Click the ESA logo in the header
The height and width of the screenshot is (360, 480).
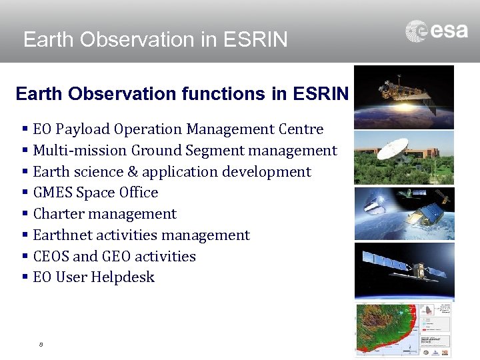click(437, 31)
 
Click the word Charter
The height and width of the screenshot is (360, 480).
click(59, 214)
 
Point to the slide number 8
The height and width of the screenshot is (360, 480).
click(41, 345)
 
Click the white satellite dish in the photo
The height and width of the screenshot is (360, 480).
click(392, 149)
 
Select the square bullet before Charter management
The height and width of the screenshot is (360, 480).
click(25, 214)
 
